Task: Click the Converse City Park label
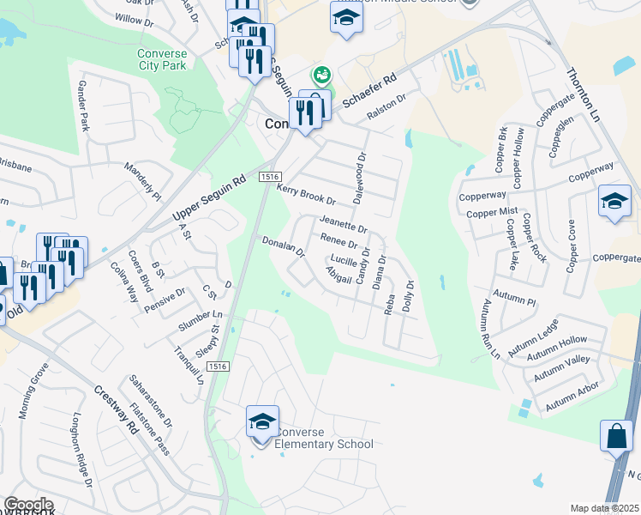[162, 59]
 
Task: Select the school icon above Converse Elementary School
[263, 422]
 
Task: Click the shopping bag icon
[616, 436]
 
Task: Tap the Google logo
[29, 505]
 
